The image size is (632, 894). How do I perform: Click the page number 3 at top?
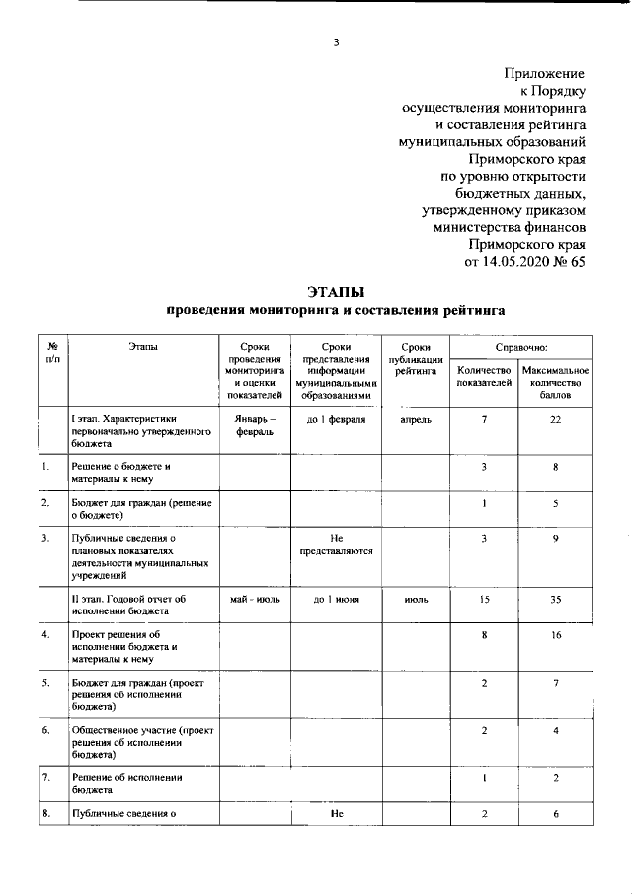(x=336, y=41)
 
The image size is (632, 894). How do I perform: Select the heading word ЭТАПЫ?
(x=336, y=292)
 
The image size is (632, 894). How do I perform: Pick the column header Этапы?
(x=142, y=347)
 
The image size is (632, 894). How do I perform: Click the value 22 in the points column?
(x=558, y=420)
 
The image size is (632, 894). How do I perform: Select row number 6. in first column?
(x=46, y=730)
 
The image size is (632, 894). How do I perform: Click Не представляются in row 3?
(x=336, y=544)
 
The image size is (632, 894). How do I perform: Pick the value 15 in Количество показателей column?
(x=484, y=599)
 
